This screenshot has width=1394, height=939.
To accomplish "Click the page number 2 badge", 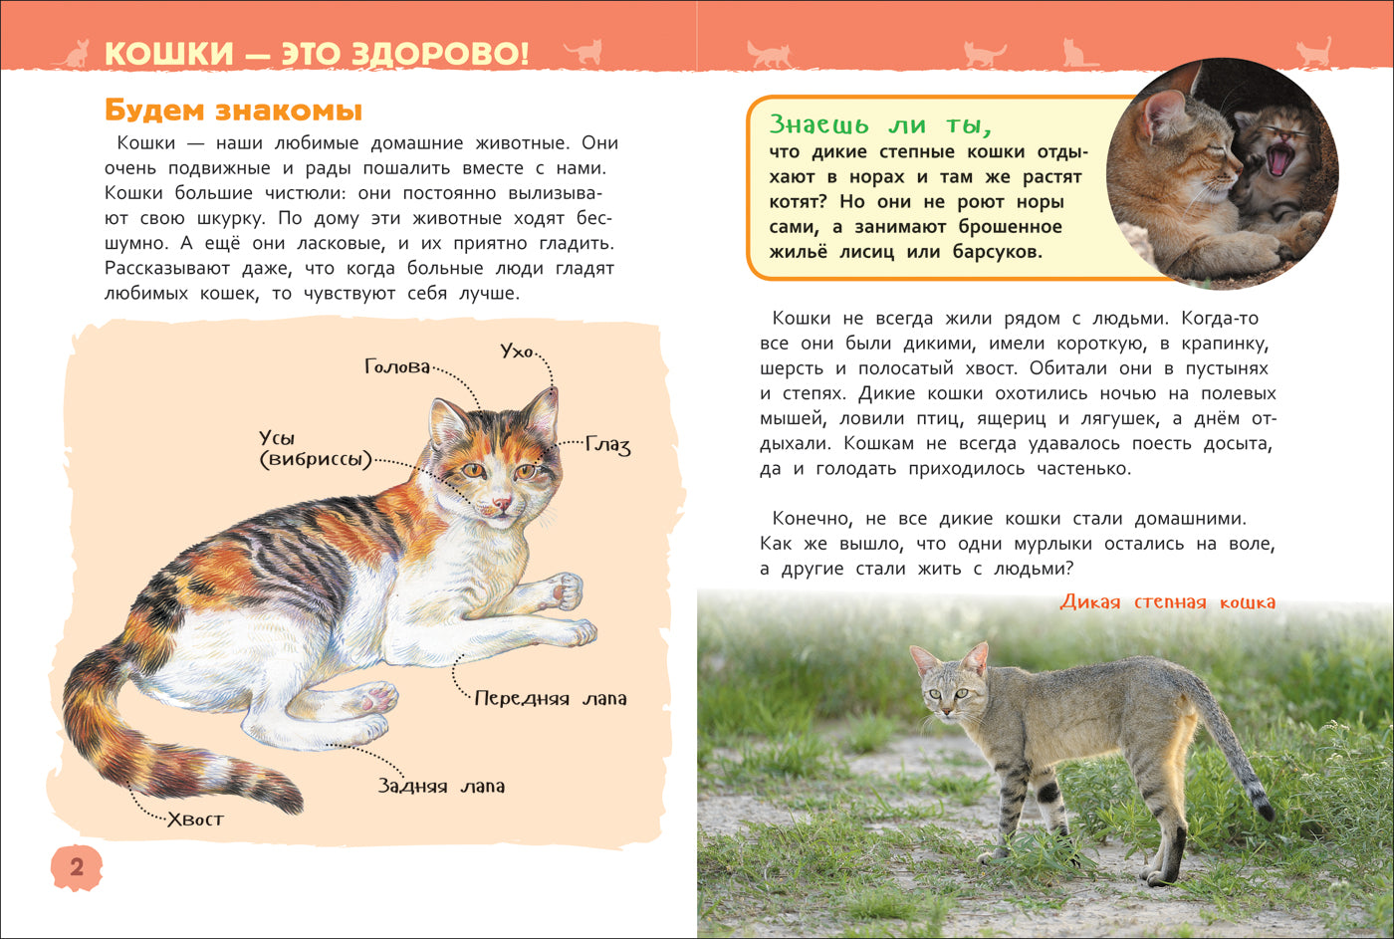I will pyautogui.click(x=76, y=867).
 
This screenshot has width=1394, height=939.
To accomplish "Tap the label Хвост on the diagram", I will pyautogui.click(x=195, y=820).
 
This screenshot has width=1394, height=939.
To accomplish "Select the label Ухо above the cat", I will pyautogui.click(x=517, y=352).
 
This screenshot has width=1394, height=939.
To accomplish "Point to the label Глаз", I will pyautogui.click(x=607, y=445).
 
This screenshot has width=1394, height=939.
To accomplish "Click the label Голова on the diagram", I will pyautogui.click(x=397, y=367).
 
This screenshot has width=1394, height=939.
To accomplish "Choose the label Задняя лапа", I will pyautogui.click(x=441, y=786).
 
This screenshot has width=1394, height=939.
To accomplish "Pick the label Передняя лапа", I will pyautogui.click(x=551, y=698).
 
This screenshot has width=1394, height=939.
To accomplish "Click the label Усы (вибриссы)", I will pyautogui.click(x=314, y=449).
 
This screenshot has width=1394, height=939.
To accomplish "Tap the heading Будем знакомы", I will pyautogui.click(x=233, y=110).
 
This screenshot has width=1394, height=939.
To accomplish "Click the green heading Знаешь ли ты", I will pyautogui.click(x=880, y=125).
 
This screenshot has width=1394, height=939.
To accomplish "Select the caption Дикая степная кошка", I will pyautogui.click(x=1167, y=601).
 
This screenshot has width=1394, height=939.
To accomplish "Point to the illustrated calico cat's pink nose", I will pyautogui.click(x=503, y=505).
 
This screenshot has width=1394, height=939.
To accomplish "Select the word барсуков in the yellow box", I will pyautogui.click(x=997, y=252).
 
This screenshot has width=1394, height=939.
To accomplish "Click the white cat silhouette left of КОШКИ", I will pyautogui.click(x=73, y=54).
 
